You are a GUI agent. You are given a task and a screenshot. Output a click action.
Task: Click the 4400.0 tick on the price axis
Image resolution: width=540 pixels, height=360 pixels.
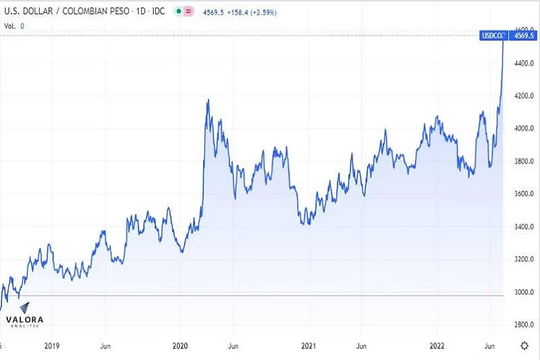coord(524,63)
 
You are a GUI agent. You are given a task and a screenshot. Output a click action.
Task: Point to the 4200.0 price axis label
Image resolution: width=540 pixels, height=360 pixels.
coord(524,96)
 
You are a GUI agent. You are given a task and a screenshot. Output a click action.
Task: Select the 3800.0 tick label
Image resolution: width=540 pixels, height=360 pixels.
coord(524,161)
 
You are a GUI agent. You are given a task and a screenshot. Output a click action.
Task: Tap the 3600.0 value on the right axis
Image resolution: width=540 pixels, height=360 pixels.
coord(524,194)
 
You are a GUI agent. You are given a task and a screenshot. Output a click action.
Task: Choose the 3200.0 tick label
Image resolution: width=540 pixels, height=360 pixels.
coord(524,259)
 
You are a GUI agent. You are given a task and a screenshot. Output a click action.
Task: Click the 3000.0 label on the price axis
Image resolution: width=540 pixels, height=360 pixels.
coord(524,292)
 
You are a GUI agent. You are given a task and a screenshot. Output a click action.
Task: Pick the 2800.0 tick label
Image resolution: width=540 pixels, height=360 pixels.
coord(524,325)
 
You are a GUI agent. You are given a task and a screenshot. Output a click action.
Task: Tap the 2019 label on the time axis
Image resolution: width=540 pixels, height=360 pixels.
coord(52,345)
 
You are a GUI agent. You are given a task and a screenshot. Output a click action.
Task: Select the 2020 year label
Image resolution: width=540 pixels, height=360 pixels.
coord(180,345)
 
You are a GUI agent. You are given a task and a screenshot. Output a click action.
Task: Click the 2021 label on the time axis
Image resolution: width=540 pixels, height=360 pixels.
coord(308,345)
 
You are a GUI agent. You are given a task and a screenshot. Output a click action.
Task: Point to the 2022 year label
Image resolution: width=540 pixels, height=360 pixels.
coord(437,345)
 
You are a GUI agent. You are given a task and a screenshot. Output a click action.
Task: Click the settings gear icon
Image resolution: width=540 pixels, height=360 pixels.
coord(524,346)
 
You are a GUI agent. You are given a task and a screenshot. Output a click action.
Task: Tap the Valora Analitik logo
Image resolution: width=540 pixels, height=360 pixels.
coord(26,322)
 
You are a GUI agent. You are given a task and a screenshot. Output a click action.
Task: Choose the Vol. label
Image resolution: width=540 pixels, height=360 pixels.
coord(10,25)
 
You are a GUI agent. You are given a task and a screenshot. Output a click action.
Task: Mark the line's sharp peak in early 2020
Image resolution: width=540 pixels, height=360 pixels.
coord(208,100)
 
